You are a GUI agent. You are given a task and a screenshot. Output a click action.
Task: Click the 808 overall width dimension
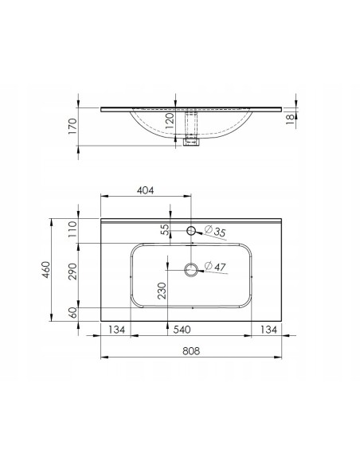191,351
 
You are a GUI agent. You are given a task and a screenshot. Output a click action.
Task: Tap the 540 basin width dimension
182,330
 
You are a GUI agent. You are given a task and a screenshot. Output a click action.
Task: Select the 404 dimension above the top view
145,190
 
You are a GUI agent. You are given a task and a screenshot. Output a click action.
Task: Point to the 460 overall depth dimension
45,270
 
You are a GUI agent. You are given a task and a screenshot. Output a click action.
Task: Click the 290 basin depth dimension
72,271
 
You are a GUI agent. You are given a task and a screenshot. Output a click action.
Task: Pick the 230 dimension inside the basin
162,291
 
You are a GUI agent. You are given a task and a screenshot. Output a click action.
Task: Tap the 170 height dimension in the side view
72,126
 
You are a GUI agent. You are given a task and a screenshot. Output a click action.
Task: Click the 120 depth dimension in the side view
170,120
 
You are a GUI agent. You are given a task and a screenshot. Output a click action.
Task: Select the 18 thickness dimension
290,119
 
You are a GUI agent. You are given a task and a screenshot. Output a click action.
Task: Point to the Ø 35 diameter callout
215,231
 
